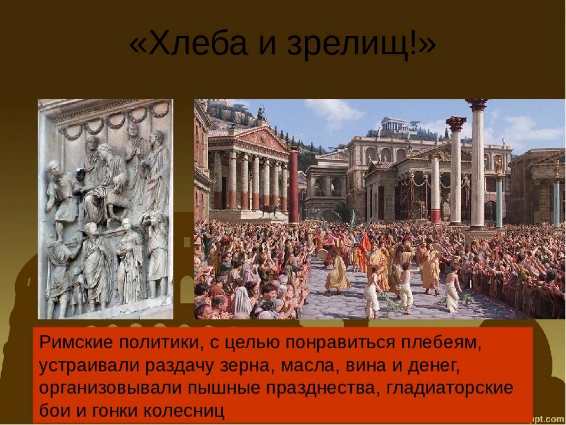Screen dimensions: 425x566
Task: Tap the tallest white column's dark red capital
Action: (x=476, y=105)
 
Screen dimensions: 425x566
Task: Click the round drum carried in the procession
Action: (x=323, y=254)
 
